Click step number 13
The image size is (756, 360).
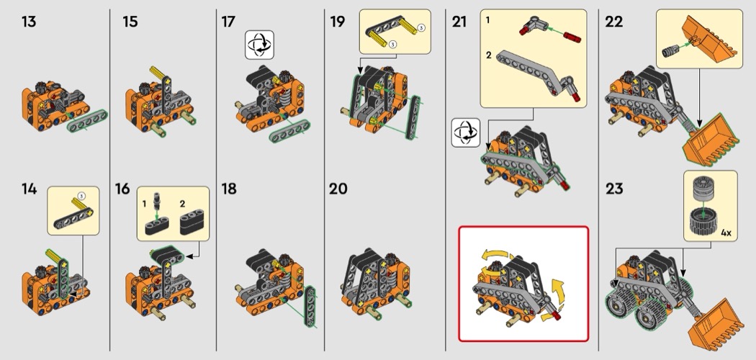pyautogui.click(x=29, y=22)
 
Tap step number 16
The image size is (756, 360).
pyautogui.click(x=123, y=189)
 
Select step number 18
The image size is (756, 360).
pyautogui.click(x=229, y=189)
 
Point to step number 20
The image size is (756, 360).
pyautogui.click(x=338, y=189)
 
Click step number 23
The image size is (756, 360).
pyautogui.click(x=614, y=189)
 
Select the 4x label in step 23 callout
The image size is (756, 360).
pyautogui.click(x=726, y=233)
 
